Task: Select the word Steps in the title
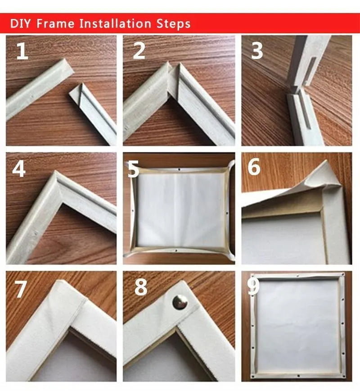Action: (174, 23)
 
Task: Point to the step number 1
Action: (22, 52)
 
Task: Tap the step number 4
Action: (19, 169)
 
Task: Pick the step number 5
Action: (134, 169)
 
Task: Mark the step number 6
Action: (254, 168)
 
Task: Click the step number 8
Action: (141, 287)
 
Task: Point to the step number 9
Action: (253, 287)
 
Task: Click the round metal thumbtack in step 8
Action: (180, 302)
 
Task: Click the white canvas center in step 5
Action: (180, 209)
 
